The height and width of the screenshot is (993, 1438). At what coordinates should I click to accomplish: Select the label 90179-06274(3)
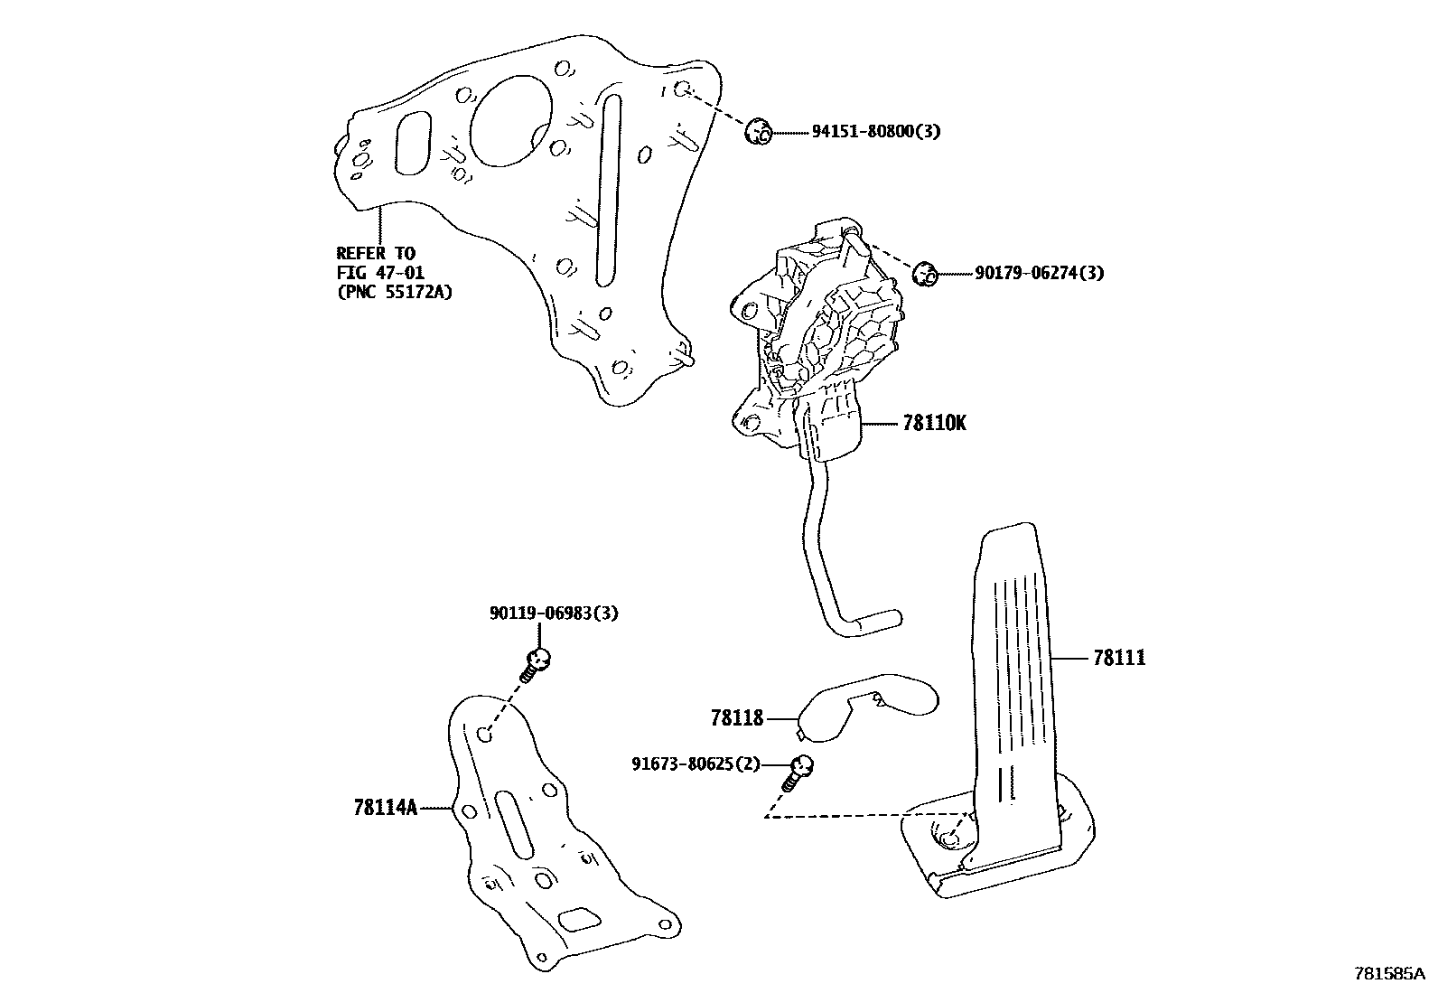(x=1039, y=273)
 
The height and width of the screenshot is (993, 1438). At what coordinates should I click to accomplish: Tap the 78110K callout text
(x=934, y=423)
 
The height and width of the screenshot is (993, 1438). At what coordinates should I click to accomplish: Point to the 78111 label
(x=1118, y=659)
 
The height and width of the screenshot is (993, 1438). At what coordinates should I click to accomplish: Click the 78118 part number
(x=737, y=719)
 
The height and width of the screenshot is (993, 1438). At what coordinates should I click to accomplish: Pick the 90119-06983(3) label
(x=554, y=614)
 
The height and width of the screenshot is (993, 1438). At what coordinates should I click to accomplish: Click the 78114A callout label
(x=386, y=808)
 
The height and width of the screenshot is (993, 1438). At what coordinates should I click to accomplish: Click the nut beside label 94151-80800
(x=757, y=132)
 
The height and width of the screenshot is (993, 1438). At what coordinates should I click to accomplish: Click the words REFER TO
(x=376, y=254)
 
